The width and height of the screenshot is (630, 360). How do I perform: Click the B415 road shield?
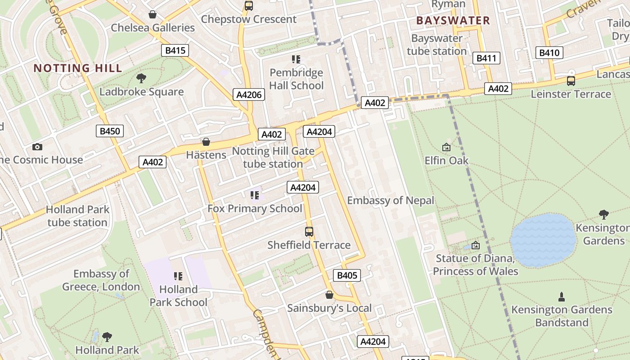coord(175,50)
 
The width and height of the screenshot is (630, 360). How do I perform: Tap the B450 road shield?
coord(110,131)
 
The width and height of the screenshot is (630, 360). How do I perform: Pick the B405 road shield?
coord(347,275)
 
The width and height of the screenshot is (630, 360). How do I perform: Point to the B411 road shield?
coord(486,58)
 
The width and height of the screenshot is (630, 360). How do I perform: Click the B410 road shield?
coord(549,53)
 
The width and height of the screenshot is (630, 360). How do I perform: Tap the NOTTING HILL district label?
coord(78,68)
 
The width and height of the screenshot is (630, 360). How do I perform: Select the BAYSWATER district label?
coord(453,20)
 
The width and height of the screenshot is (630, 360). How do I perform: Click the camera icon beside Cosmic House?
coord(37,147)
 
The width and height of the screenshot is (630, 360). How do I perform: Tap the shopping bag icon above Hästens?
coord(206,142)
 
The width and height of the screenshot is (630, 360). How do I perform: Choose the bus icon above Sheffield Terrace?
coord(309,232)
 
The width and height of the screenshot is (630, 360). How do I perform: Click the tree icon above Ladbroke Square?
coord(141,78)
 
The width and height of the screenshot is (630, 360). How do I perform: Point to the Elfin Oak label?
coord(446,161)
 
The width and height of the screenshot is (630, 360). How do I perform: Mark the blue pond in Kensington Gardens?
coord(543,240)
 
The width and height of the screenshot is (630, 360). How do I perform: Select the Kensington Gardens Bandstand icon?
coord(562,297)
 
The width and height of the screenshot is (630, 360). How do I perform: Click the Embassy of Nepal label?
coord(391,201)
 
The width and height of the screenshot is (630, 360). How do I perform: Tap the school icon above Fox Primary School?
coord(255,195)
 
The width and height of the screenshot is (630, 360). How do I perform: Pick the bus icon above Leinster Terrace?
coord(571,81)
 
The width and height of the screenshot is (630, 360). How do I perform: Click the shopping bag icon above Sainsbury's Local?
coord(329,295)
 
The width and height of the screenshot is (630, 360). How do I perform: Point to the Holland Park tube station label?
coord(77,216)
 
